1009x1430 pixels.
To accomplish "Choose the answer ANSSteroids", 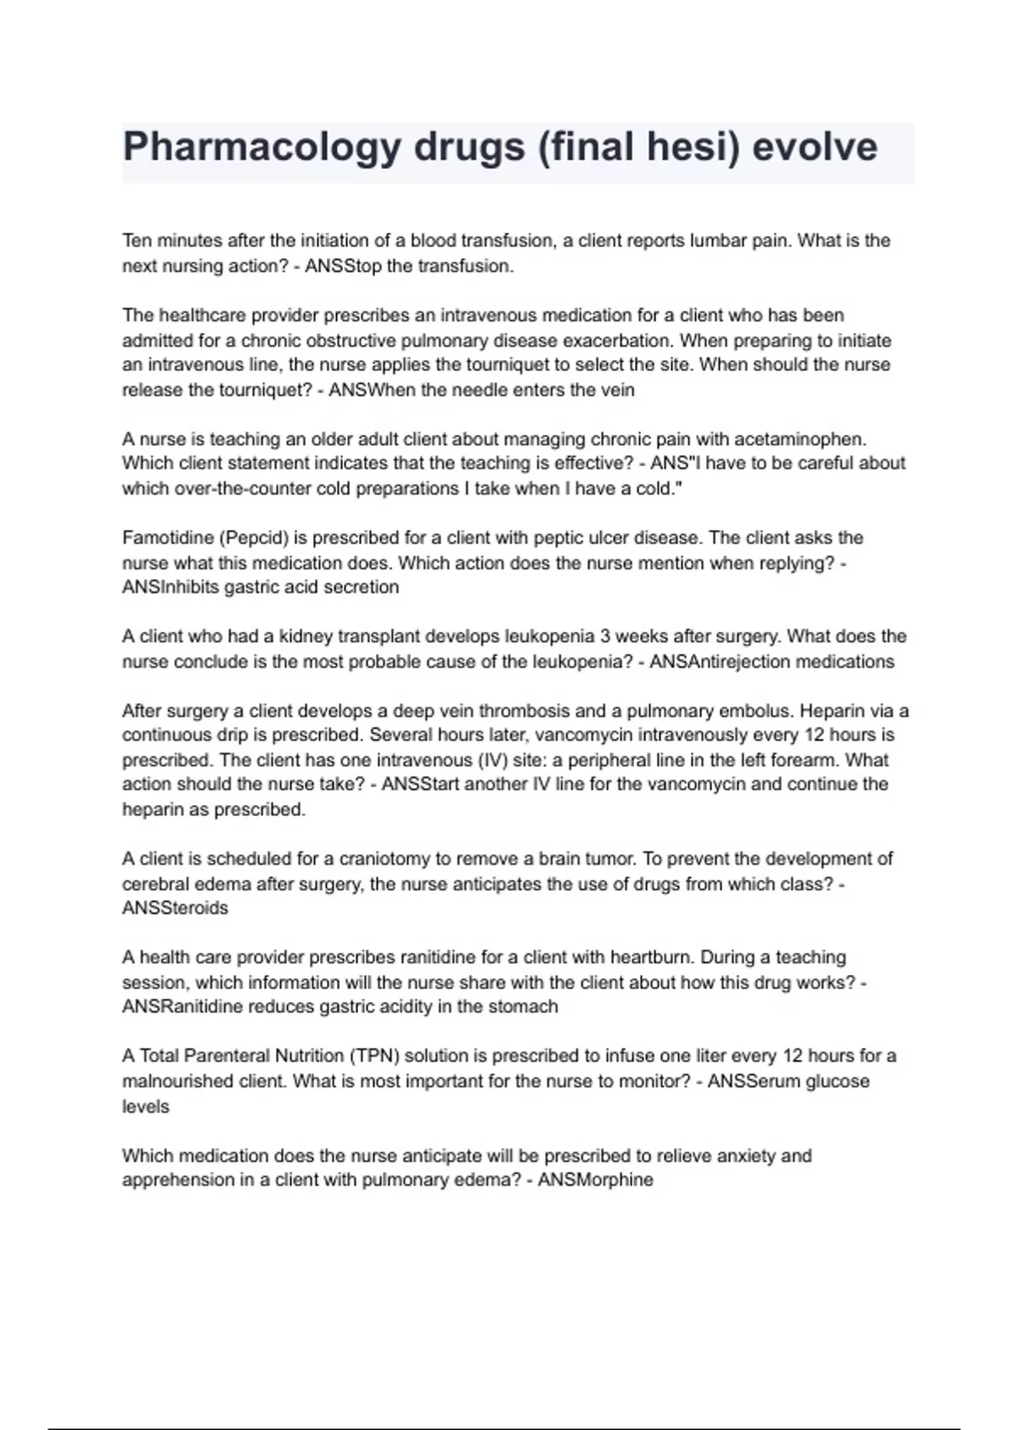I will click(175, 908).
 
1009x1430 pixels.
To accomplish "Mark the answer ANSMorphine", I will click(595, 1180).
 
